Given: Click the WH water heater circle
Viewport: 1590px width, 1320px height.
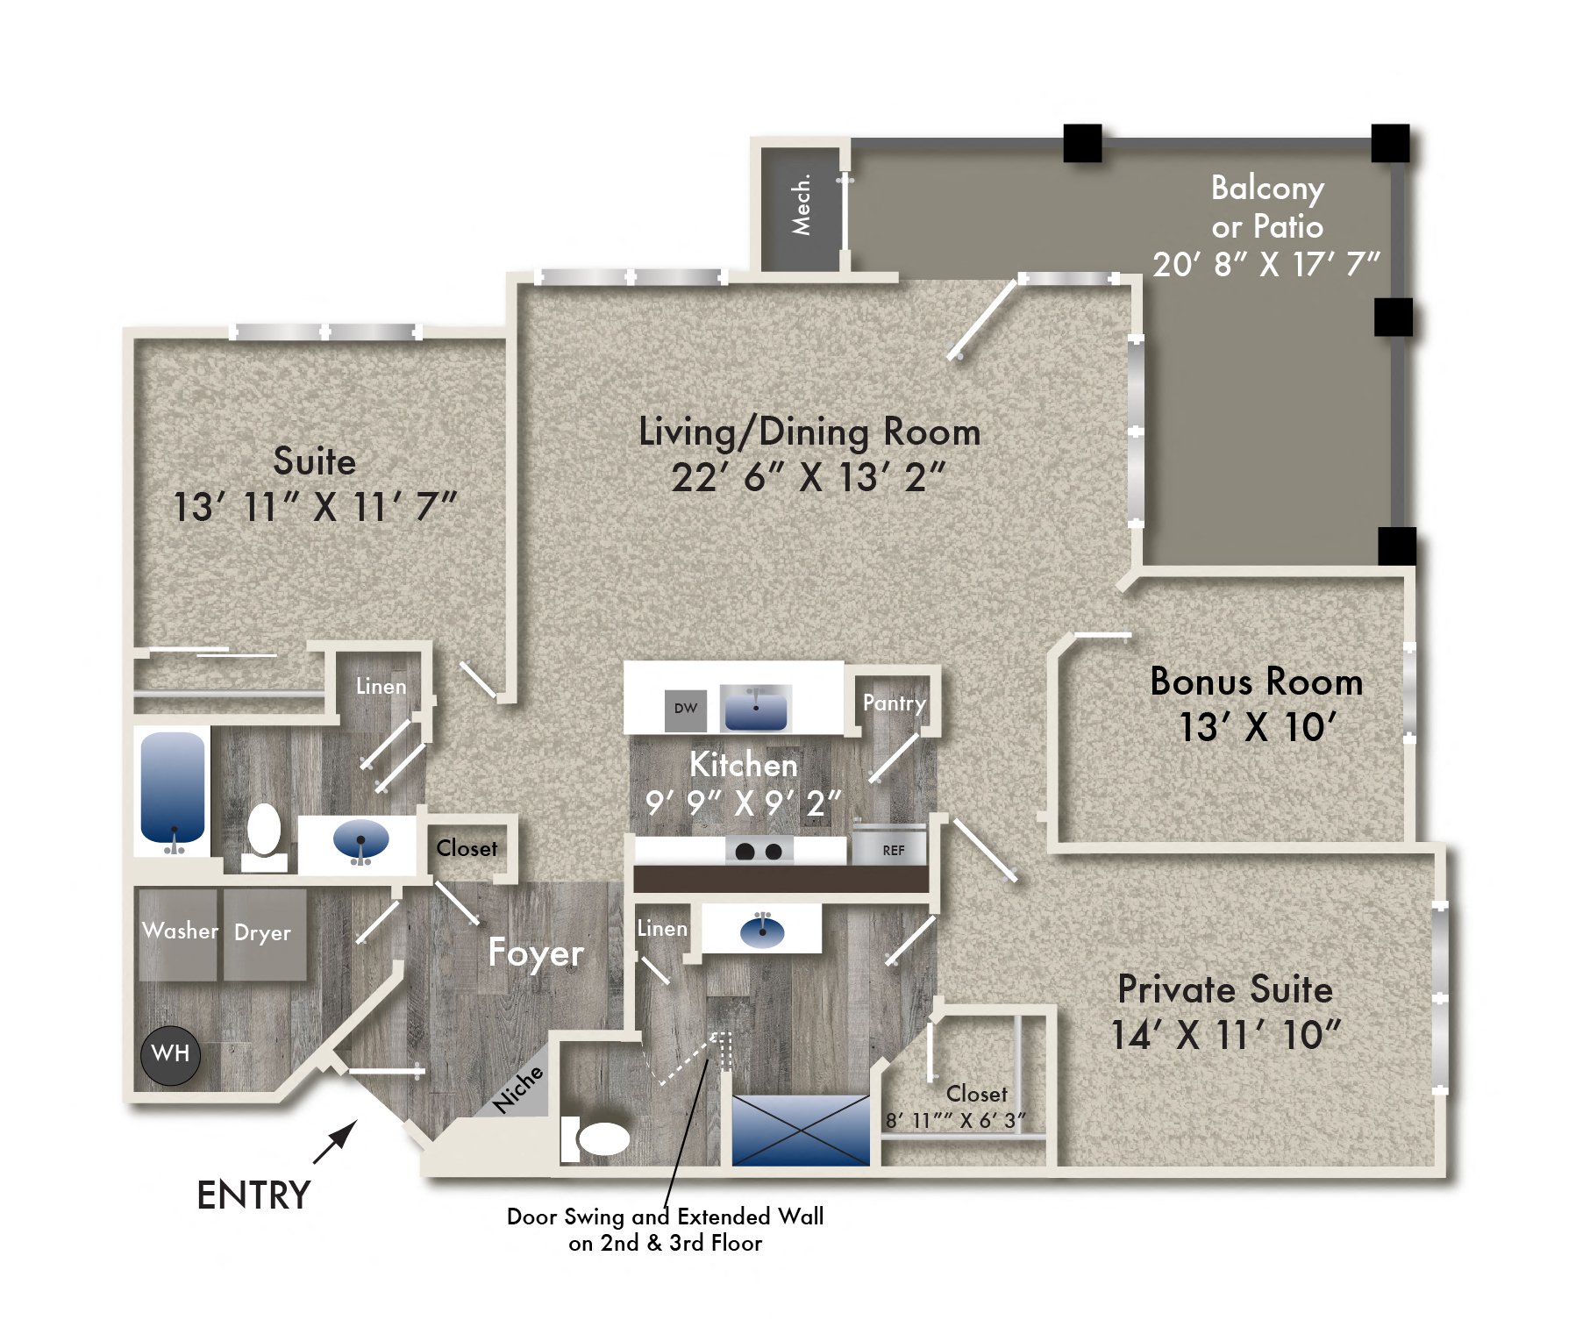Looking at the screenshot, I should tap(170, 1053).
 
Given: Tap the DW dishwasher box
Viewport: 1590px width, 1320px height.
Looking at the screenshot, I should tap(685, 709).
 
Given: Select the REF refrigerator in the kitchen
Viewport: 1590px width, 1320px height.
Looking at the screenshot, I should tap(892, 849).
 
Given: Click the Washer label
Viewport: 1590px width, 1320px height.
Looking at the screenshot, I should tap(180, 931).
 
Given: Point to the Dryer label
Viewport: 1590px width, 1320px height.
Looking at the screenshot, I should tap(262, 933).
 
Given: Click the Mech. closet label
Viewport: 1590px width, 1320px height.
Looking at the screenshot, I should tap(802, 205).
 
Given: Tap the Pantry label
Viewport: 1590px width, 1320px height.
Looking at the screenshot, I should tap(894, 703).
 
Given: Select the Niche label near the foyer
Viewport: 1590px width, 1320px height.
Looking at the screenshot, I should tap(517, 1090).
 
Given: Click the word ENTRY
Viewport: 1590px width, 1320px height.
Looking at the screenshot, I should tap(253, 1195).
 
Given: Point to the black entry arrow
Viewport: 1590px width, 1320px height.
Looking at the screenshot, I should tap(336, 1141).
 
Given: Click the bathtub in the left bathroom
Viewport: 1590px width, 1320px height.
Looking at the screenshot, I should tap(173, 787).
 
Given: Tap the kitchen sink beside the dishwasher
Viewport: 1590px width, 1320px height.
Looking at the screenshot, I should tap(755, 708).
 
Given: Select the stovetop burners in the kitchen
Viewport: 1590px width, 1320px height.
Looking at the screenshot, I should tap(759, 851).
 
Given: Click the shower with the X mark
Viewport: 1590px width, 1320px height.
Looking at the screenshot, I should tap(800, 1131).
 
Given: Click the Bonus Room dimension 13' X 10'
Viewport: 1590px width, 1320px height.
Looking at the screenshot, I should tap(1256, 727).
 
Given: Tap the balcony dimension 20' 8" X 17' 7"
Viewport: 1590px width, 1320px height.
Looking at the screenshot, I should tap(1266, 264).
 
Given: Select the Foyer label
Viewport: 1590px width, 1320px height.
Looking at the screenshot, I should tap(535, 953).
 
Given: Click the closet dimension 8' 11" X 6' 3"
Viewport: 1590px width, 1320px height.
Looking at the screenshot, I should tap(954, 1121).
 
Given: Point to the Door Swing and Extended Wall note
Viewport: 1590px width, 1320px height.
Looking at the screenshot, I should tap(665, 1229).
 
